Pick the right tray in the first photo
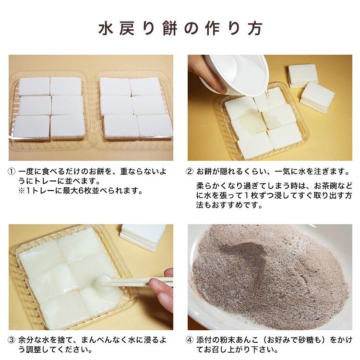click(134, 108)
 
